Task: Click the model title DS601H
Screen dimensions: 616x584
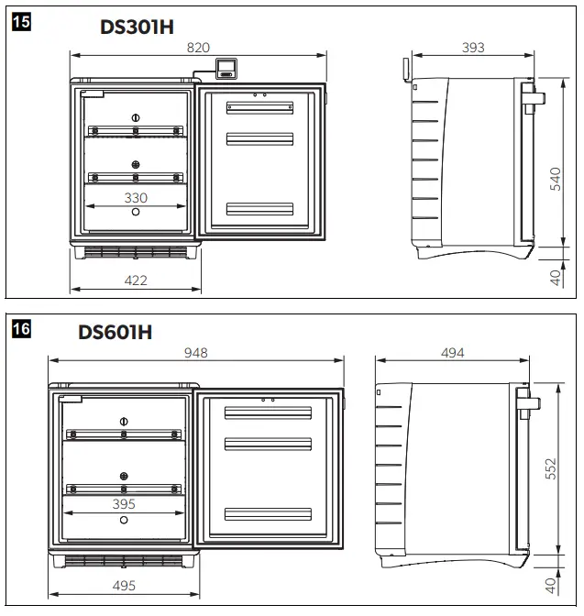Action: click(x=115, y=331)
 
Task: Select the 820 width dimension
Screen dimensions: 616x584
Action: click(x=199, y=47)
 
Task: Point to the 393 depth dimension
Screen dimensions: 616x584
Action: click(x=472, y=47)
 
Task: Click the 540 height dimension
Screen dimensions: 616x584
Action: click(x=554, y=178)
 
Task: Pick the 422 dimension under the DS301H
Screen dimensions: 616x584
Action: click(x=136, y=280)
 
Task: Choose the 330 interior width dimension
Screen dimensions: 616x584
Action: click(x=136, y=197)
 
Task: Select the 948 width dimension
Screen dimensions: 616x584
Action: click(x=196, y=352)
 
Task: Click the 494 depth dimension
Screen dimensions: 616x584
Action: click(x=453, y=352)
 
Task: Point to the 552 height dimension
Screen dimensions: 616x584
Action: click(x=551, y=469)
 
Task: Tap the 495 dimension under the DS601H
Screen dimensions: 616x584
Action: click(x=123, y=586)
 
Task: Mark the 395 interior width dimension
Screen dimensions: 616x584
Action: click(x=123, y=503)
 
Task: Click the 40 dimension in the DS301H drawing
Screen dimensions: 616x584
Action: click(x=555, y=276)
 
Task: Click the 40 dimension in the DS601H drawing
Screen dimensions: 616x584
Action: click(x=551, y=583)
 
